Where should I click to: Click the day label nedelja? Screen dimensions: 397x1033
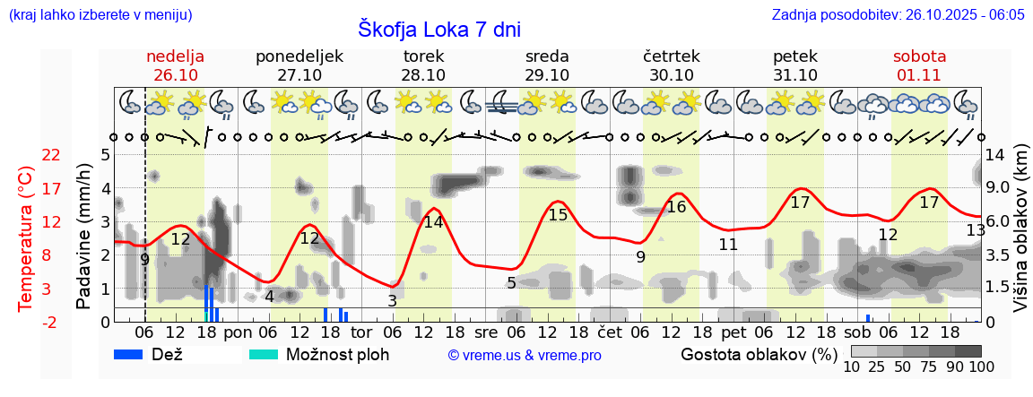[x=176, y=56]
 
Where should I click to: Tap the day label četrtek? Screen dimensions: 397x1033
[x=671, y=56]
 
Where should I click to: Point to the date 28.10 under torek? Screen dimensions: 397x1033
[x=423, y=75]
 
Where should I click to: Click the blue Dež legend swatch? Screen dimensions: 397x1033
[x=134, y=354]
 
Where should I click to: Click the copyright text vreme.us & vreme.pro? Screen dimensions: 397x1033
[x=525, y=355]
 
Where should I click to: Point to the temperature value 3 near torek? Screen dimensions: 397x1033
[x=392, y=301]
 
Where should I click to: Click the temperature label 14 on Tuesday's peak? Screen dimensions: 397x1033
[x=433, y=222]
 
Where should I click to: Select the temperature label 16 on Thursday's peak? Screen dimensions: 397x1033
[x=676, y=207]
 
